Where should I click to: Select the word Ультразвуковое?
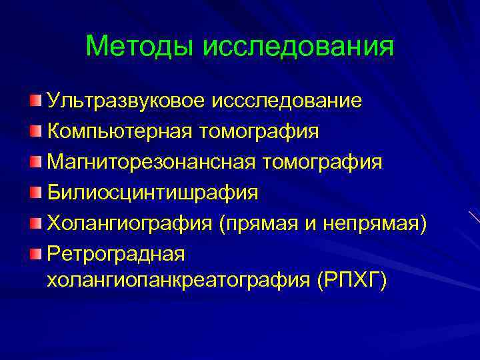127,101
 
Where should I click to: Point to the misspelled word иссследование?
287,101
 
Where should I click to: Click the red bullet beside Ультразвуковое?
35,101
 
